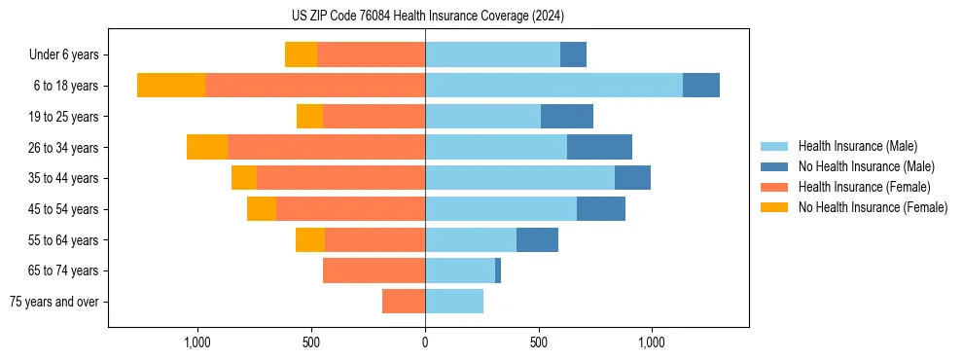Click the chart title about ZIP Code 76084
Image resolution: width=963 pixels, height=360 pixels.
[x=427, y=16]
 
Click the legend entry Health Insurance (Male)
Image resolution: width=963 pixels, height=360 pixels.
[x=857, y=146]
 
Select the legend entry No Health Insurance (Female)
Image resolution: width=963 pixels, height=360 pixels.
[x=873, y=207]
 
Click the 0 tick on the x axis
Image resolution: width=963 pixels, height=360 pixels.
[x=425, y=342]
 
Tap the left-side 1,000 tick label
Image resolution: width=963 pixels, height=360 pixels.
[x=197, y=342]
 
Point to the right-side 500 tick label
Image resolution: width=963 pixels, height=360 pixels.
[x=539, y=342]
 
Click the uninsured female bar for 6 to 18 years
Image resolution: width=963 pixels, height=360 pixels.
[x=171, y=86]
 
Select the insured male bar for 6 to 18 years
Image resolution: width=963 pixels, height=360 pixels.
[x=553, y=86]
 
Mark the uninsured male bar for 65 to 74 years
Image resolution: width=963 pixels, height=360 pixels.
[x=498, y=270]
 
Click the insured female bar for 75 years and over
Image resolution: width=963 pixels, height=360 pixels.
[x=404, y=302]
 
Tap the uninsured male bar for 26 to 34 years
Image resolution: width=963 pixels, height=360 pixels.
[x=599, y=147]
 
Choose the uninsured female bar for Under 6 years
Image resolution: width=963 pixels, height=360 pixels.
[x=301, y=54]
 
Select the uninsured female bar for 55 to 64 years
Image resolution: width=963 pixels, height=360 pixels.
[x=310, y=239]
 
